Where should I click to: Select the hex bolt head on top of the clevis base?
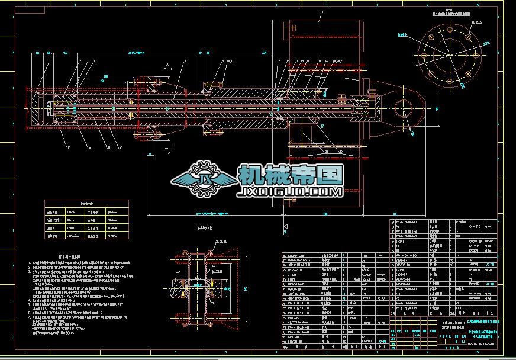pos(372,91)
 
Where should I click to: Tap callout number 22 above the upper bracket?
pos(322,13)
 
